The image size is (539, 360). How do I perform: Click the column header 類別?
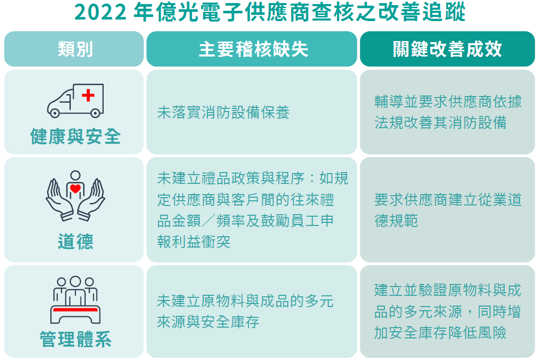pyautogui.click(x=75, y=49)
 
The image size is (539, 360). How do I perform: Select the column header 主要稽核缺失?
pyautogui.click(x=253, y=49)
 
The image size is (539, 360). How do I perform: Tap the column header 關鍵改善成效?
pyautogui.click(x=447, y=49)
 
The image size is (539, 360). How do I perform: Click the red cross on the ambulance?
pyautogui.click(x=88, y=95)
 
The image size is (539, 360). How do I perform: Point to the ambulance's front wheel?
pyautogui.click(x=54, y=112)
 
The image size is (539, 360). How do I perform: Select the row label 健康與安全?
pyautogui.click(x=75, y=137)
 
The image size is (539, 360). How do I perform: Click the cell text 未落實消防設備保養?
pyautogui.click(x=223, y=112)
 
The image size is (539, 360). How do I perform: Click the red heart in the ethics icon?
pyautogui.click(x=75, y=188)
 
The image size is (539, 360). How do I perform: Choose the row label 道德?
pyautogui.click(x=75, y=241)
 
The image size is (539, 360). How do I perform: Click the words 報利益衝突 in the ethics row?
pyautogui.click(x=194, y=242)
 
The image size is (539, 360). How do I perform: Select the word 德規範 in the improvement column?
pyautogui.click(x=396, y=220)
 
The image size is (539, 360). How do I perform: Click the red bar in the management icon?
pyautogui.click(x=75, y=310)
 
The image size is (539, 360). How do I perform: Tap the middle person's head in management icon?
pyautogui.click(x=75, y=282)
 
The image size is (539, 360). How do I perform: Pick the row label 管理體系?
pyautogui.click(x=75, y=339)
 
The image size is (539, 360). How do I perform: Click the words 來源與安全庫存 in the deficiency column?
pyautogui.click(x=208, y=322)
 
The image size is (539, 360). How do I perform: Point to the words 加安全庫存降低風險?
pyautogui.click(x=440, y=332)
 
